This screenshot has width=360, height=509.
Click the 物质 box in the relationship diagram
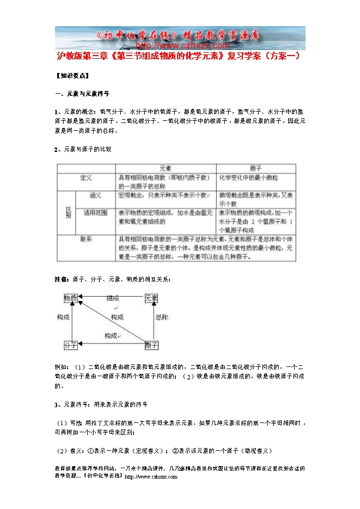(x=71, y=298)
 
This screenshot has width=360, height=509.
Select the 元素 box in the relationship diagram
(x=151, y=298)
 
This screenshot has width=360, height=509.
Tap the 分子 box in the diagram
(x=71, y=345)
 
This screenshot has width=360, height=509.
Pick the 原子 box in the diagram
(x=151, y=345)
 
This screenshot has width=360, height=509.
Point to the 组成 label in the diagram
(x=113, y=298)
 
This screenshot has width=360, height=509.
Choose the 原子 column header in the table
(x=255, y=169)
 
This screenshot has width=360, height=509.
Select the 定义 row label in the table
(x=86, y=178)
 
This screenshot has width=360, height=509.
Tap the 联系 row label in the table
(x=86, y=238)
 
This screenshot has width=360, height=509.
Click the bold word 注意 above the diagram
(x=62, y=279)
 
